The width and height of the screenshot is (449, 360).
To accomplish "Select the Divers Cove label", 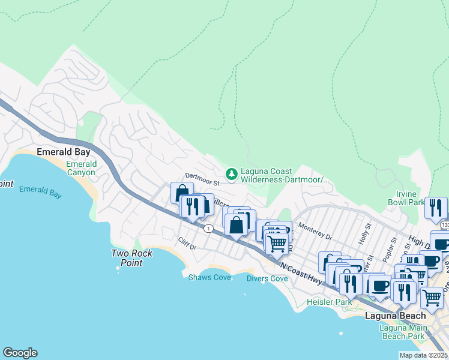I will tap(267, 278).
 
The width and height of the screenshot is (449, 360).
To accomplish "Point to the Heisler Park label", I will tap(328, 302).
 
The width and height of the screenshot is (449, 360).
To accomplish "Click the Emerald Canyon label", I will tap(81, 168).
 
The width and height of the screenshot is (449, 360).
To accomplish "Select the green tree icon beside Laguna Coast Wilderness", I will tap(231, 175).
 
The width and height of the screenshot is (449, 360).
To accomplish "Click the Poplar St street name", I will tap(393, 246).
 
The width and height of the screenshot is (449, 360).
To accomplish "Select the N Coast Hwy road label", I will tap(300, 269).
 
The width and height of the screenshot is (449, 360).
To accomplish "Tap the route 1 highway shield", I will tap(208, 229).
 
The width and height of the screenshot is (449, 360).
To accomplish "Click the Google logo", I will tap(20, 353).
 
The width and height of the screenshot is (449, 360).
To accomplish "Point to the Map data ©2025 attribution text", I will tap(424, 355).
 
